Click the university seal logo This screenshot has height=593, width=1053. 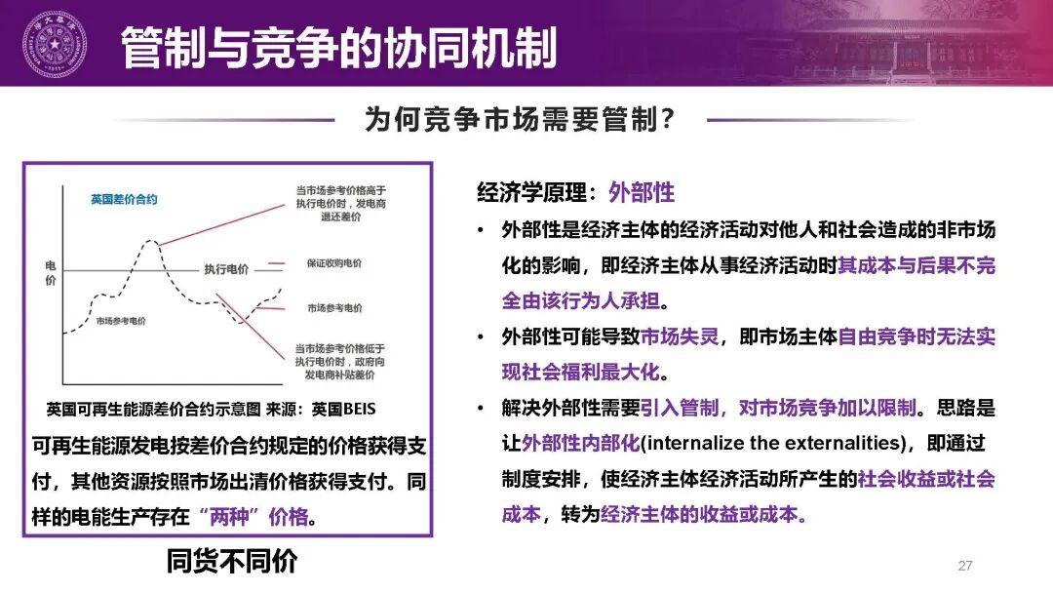(x=54, y=44)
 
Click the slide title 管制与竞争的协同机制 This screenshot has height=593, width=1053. (x=338, y=48)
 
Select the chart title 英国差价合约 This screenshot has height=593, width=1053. (x=124, y=199)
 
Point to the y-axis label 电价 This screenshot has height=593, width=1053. (x=51, y=274)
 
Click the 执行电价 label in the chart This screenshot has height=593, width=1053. (x=226, y=268)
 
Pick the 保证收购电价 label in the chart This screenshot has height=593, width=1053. (x=333, y=262)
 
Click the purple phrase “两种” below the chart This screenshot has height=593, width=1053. (x=238, y=516)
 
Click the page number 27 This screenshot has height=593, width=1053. (x=965, y=566)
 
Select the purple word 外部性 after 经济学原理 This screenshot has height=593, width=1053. (x=642, y=192)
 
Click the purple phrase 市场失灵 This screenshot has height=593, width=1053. (x=680, y=336)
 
